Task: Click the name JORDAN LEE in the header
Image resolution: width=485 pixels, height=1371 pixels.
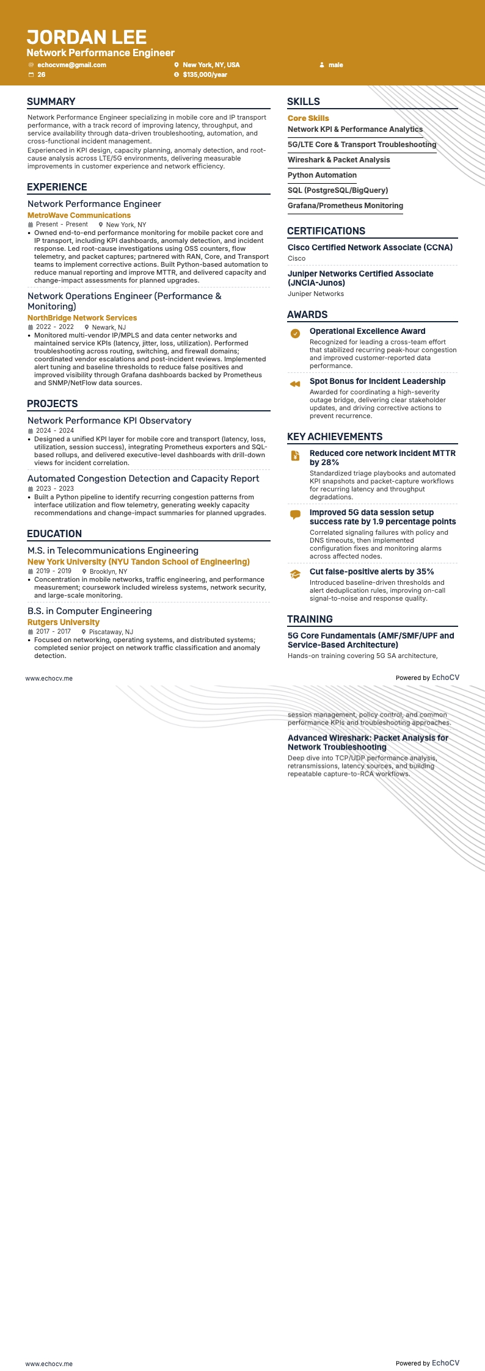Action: click(87, 37)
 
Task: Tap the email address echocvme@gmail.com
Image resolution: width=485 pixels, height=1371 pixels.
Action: click(71, 65)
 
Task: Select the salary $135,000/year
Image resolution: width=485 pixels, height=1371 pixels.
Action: click(205, 74)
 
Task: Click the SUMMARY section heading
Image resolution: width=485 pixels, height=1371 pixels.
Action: click(51, 102)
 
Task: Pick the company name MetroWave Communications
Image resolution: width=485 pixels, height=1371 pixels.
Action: click(79, 215)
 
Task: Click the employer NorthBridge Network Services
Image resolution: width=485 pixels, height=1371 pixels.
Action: click(82, 318)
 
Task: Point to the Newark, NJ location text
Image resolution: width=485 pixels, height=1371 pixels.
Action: click(109, 327)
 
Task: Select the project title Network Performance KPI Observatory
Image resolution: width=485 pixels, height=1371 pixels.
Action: click(109, 421)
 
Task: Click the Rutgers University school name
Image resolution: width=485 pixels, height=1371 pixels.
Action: click(64, 622)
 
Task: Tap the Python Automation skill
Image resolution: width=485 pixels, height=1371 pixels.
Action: click(322, 175)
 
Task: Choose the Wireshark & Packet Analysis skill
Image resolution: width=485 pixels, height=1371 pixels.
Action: click(338, 160)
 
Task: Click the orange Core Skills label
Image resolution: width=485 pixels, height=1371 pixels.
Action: click(308, 118)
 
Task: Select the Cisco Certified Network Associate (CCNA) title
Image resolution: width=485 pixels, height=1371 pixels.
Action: click(370, 247)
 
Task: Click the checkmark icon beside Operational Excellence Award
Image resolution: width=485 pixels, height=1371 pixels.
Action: click(295, 333)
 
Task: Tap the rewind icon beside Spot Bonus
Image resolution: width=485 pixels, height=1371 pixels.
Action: click(295, 384)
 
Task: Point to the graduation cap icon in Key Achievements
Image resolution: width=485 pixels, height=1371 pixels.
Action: click(295, 574)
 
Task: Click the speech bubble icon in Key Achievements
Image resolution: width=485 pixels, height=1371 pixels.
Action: click(295, 515)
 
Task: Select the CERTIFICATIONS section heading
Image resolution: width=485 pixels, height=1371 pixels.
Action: click(326, 231)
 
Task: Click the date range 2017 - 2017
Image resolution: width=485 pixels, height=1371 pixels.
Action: click(53, 632)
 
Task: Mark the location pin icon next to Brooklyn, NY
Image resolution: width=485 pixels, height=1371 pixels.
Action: click(84, 571)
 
